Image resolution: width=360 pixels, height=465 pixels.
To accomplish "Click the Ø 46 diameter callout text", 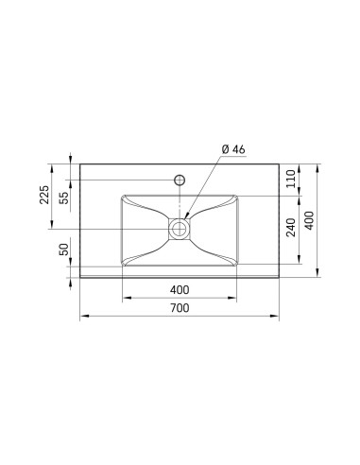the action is pyautogui.click(x=233, y=149).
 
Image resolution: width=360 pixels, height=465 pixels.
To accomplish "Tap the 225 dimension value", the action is pyautogui.click(x=44, y=195).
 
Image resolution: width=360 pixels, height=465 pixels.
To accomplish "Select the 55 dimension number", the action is pyautogui.click(x=64, y=198).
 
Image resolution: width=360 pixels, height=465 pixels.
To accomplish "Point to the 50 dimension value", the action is pyautogui.click(x=64, y=250).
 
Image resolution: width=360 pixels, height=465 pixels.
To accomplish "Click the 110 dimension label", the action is pyautogui.click(x=291, y=179).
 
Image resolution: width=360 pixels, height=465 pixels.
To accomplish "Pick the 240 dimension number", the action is pyautogui.click(x=291, y=227).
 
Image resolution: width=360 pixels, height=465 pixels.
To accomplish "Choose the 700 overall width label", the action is pyautogui.click(x=180, y=308).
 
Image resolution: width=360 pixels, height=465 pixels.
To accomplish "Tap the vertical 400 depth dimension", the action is pyautogui.click(x=310, y=220).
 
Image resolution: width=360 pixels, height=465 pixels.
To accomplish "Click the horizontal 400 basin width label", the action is pyautogui.click(x=180, y=290).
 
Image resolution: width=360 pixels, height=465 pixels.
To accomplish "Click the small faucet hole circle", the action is pyautogui.click(x=180, y=180).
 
